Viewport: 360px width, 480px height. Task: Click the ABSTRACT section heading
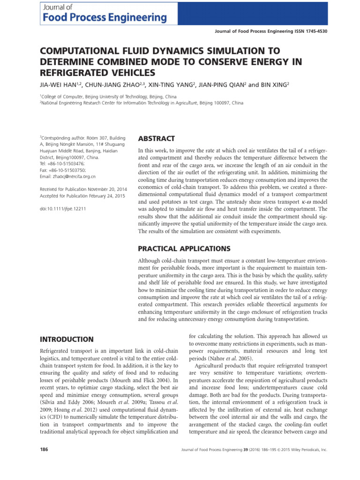[x=156, y=139]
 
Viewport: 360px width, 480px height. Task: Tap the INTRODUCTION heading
[x=67, y=339]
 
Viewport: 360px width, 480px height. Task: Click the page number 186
[x=45, y=449]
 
